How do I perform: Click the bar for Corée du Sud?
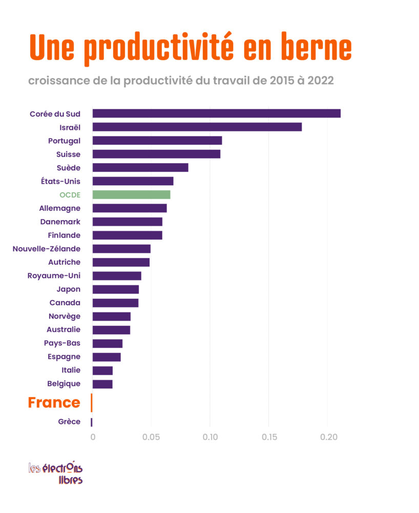pyautogui.click(x=217, y=113)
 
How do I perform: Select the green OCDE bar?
pyautogui.click(x=131, y=194)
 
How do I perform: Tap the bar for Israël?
pyautogui.click(x=197, y=127)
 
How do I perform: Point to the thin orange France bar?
pyautogui.click(x=92, y=403)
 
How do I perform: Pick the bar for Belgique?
pyautogui.click(x=102, y=384)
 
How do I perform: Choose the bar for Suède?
pyautogui.click(x=140, y=168)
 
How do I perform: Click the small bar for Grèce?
pyautogui.click(x=92, y=422)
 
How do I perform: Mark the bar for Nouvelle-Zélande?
pyautogui.click(x=121, y=249)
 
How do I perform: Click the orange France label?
pyautogui.click(x=54, y=402)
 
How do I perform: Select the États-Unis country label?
pyautogui.click(x=60, y=181)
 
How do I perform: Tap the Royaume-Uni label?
pyautogui.click(x=54, y=276)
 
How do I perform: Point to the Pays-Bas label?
pyautogui.click(x=62, y=343)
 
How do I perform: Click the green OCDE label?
pyautogui.click(x=70, y=195)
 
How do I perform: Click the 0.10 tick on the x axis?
pyautogui.click(x=210, y=437)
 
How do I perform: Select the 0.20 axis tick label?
pyautogui.click(x=328, y=437)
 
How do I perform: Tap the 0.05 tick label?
pyautogui.click(x=151, y=437)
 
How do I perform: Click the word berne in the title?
pyautogui.click(x=317, y=47)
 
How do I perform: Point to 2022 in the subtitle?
pyautogui.click(x=320, y=81)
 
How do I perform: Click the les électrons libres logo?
pyautogui.click(x=55, y=473)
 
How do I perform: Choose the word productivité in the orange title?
pyautogui.click(x=159, y=49)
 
